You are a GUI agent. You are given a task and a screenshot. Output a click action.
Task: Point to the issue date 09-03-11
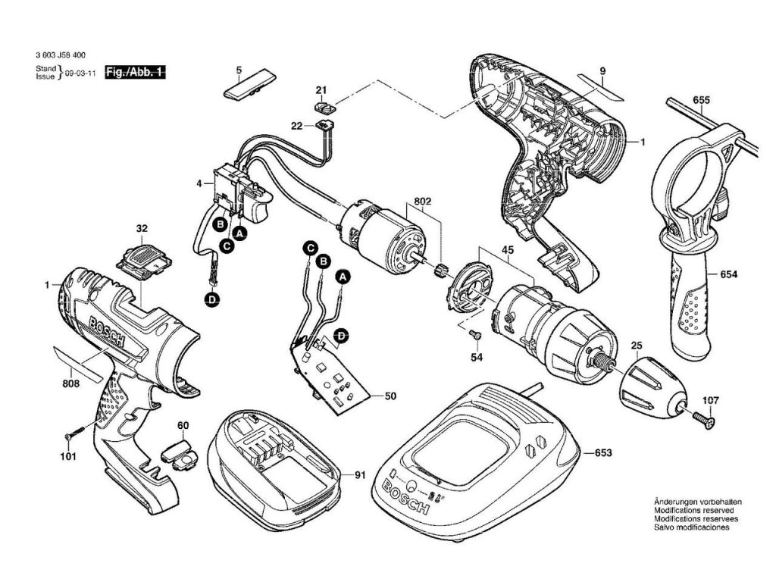click(79, 75)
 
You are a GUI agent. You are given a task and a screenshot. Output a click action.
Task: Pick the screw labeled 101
click(71, 435)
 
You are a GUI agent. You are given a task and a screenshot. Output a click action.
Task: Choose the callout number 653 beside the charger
click(603, 453)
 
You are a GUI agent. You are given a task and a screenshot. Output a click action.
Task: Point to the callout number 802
click(422, 202)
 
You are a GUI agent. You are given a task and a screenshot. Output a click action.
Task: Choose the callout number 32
click(141, 227)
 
